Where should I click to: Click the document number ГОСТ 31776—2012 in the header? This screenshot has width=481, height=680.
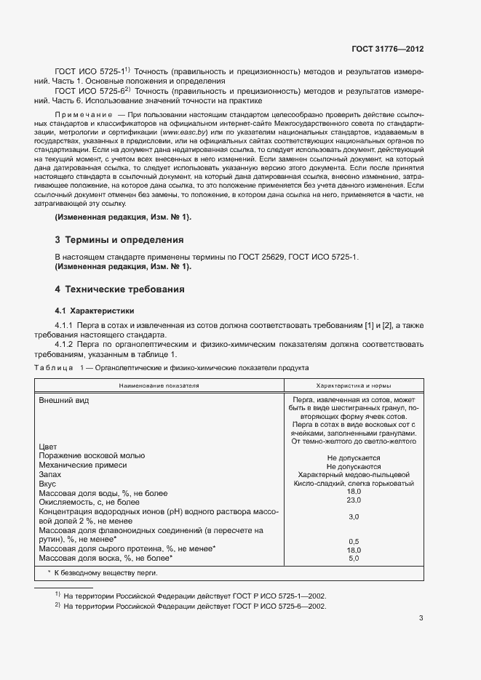pyautogui.click(x=387, y=49)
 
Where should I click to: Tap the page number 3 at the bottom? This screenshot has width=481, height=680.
pyautogui.click(x=421, y=619)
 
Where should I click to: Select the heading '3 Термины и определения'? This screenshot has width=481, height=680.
pyautogui.click(x=119, y=239)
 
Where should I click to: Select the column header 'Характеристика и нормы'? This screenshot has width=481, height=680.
pyautogui.click(x=354, y=385)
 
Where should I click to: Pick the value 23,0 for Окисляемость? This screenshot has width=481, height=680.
pyautogui.click(x=354, y=500)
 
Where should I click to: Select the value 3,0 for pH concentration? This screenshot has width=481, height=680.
pyautogui.click(x=354, y=516)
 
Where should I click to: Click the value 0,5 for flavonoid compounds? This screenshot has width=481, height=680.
pyautogui.click(x=354, y=541)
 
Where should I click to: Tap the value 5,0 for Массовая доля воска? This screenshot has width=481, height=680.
pyautogui.click(x=354, y=558)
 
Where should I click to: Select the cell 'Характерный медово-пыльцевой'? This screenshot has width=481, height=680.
pyautogui.click(x=354, y=474)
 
